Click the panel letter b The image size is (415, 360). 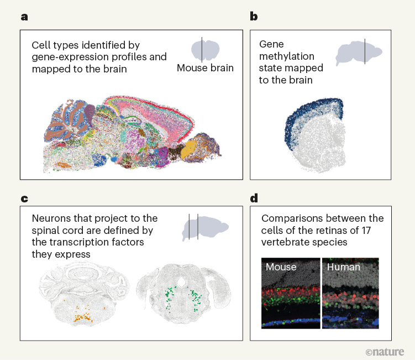coord(254,17)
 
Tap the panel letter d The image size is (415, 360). coord(254,198)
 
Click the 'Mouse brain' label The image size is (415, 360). coord(205,69)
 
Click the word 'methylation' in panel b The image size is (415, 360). coord(287,56)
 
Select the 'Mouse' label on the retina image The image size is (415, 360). coord(281,267)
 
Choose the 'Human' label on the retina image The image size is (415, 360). coord(344,267)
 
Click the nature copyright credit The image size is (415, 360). coord(385,351)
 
